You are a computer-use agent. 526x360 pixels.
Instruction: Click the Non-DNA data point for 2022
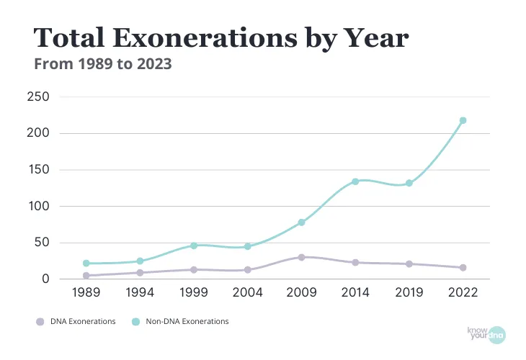(x=463, y=120)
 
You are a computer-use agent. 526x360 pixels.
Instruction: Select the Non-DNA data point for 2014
(x=355, y=181)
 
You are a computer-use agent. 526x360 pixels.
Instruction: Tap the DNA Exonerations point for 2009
(x=301, y=257)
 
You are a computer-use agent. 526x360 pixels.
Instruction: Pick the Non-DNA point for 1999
(x=194, y=246)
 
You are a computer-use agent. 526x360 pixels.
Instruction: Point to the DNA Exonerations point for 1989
(x=86, y=275)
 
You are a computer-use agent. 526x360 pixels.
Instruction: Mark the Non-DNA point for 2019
(x=409, y=183)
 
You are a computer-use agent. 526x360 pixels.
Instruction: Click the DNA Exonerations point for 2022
(x=463, y=267)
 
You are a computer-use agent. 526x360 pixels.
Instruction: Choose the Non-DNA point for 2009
(x=301, y=222)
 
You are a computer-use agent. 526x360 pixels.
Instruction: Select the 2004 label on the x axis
(x=248, y=294)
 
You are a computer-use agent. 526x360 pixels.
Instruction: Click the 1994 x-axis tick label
(x=140, y=294)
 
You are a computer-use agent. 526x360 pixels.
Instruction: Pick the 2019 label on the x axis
(x=409, y=294)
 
